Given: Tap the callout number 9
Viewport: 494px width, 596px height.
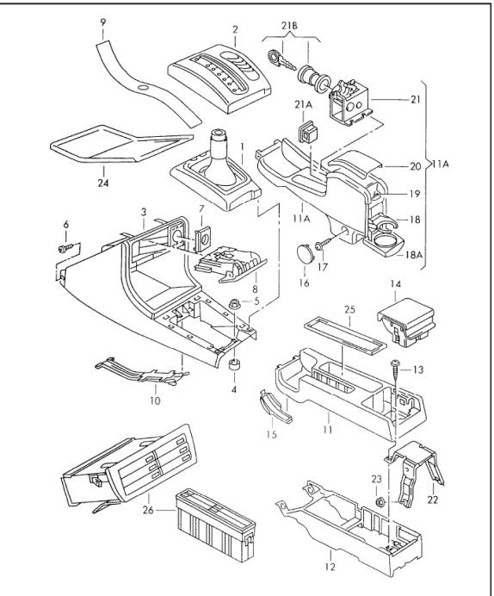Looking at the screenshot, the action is pos(103,22).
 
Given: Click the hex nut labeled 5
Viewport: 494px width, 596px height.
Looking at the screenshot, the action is pos(234,304).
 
